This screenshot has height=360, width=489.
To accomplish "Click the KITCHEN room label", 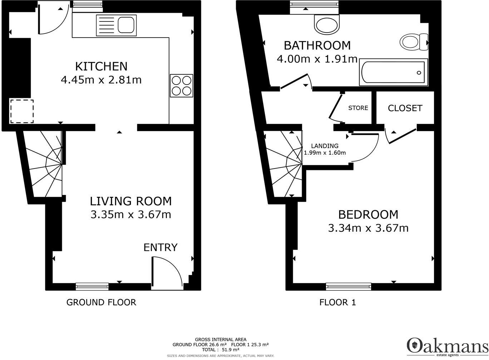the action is pyautogui.click(x=101, y=66).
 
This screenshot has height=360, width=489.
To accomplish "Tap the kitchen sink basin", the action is pyautogui.click(x=126, y=25).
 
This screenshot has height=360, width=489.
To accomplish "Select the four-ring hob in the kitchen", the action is pyautogui.click(x=182, y=86).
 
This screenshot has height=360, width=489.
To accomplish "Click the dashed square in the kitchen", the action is pyautogui.click(x=22, y=111).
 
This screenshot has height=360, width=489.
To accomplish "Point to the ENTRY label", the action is pyautogui.click(x=160, y=247).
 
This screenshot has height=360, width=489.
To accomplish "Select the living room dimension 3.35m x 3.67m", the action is pyautogui.click(x=131, y=215).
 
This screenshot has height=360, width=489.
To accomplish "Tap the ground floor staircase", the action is pyautogui.click(x=44, y=164).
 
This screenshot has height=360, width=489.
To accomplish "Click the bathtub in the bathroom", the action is pyautogui.click(x=394, y=72).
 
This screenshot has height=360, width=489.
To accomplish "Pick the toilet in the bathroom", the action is pyautogui.click(x=414, y=42).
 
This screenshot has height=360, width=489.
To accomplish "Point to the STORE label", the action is pyautogui.click(x=358, y=108).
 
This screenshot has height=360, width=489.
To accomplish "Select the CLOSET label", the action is pyautogui.click(x=405, y=108).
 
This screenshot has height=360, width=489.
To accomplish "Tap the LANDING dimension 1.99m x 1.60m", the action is pyautogui.click(x=325, y=152).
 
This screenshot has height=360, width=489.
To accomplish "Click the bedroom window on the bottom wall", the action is pyautogui.click(x=349, y=286).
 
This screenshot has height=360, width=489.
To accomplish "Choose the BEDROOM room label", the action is pyautogui.click(x=368, y=214).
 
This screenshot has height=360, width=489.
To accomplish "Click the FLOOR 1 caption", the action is pyautogui.click(x=337, y=302).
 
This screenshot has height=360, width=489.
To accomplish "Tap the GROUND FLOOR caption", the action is pyautogui.click(x=101, y=302).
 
